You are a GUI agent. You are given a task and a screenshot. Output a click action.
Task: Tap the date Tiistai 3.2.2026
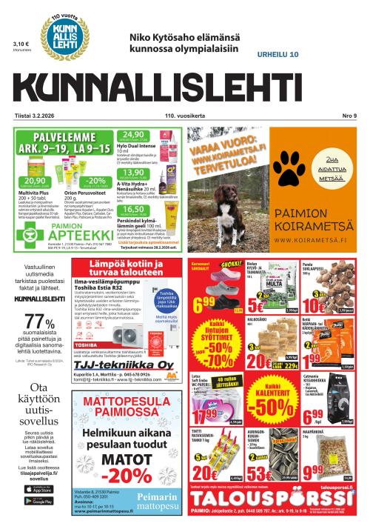[33, 116]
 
